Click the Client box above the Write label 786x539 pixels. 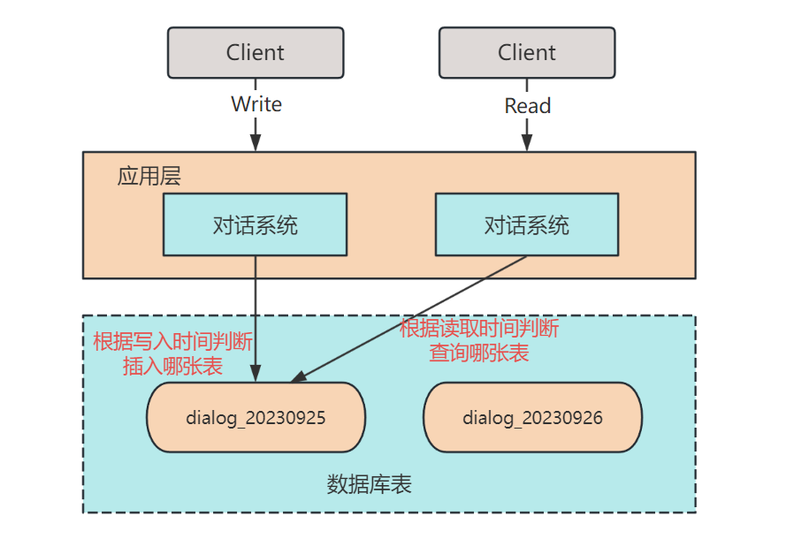pyautogui.click(x=256, y=52)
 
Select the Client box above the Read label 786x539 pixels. pyautogui.click(x=527, y=52)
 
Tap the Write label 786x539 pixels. pyautogui.click(x=256, y=104)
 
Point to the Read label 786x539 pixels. pyautogui.click(x=528, y=106)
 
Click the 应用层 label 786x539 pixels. pyautogui.click(x=149, y=176)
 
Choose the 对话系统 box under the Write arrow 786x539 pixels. pyautogui.click(x=255, y=224)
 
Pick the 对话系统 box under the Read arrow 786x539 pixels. pyautogui.click(x=527, y=224)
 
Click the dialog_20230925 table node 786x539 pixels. pyautogui.click(x=256, y=418)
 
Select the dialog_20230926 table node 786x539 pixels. pyautogui.click(x=532, y=418)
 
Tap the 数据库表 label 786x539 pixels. pyautogui.click(x=370, y=484)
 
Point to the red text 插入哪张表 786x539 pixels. pyautogui.click(x=172, y=366)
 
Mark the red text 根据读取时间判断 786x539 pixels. pyautogui.click(x=479, y=330)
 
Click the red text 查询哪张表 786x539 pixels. pyautogui.click(x=479, y=353)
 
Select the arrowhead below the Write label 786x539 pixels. pyautogui.click(x=256, y=142)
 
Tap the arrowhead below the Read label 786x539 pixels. pyautogui.click(x=527, y=142)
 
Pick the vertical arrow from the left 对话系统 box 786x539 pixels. pyautogui.click(x=256, y=309)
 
